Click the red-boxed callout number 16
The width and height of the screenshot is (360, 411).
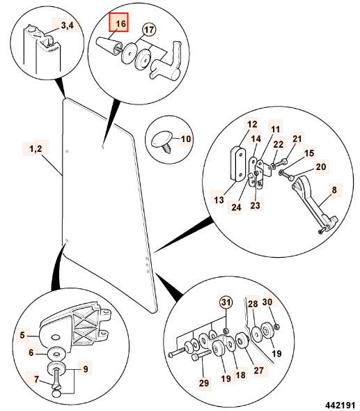120,24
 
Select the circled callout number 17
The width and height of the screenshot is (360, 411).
149,29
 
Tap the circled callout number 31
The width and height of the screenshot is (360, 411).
226,302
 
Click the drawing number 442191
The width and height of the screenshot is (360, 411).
340,405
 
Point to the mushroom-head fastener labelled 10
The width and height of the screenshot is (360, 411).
163,141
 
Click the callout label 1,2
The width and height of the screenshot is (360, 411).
36,149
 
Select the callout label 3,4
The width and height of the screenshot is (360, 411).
68,25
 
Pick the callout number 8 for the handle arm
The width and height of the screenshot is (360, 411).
334,189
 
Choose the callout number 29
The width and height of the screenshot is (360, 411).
204,382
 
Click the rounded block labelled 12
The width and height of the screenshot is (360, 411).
238,164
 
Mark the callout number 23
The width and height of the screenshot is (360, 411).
255,205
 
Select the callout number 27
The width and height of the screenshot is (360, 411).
258,370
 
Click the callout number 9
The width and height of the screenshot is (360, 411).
86,369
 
